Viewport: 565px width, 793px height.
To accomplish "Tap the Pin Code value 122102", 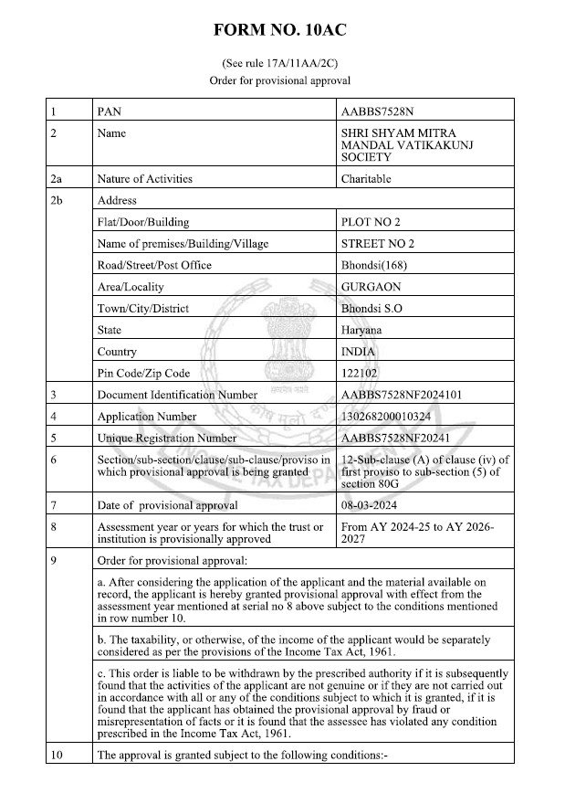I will tap(358, 373).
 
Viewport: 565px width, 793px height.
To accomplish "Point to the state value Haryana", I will tap(361, 330).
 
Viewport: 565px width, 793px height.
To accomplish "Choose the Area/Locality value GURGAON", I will tap(368, 287).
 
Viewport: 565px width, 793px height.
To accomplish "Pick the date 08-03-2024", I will tap(368, 505).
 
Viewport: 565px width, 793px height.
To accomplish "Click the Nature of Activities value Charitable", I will tap(366, 179).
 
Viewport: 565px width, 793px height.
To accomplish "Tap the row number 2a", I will tap(59, 179).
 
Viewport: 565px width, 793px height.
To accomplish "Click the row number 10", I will tap(59, 755).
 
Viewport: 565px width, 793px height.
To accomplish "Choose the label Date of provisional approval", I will tap(167, 505).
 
